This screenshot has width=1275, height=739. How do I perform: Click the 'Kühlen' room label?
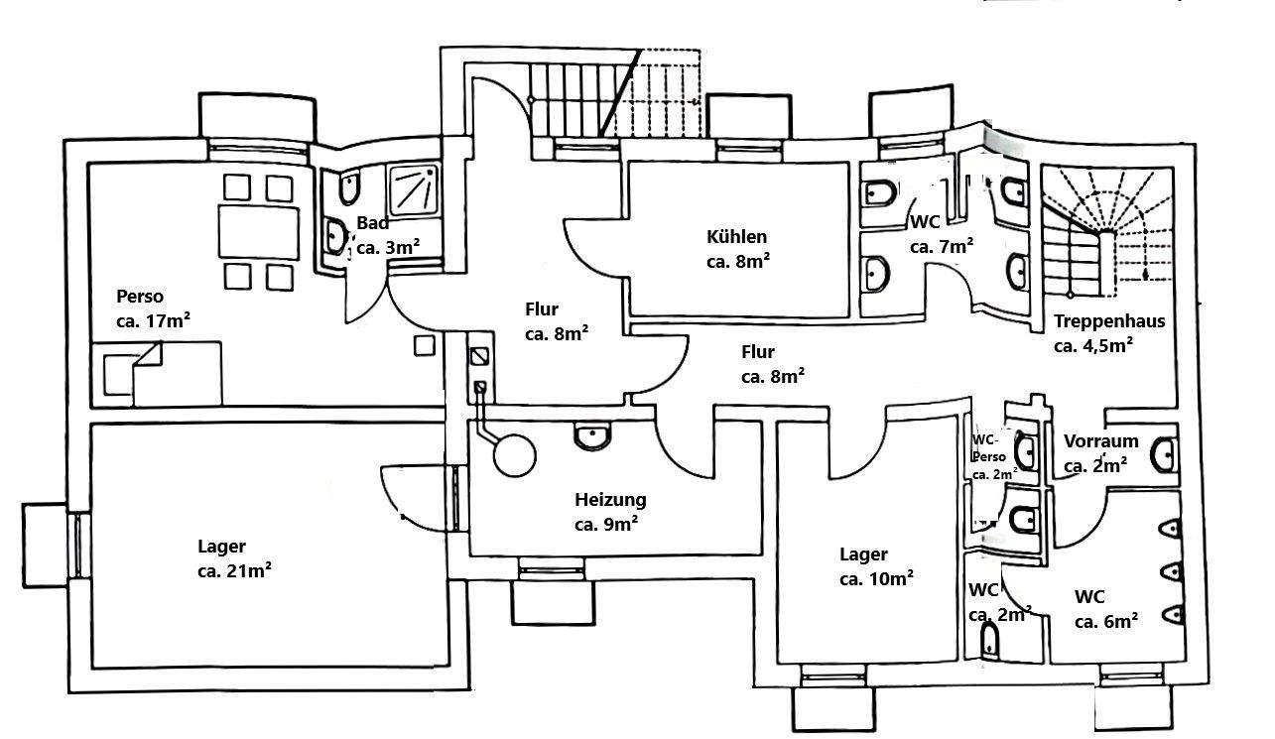pyautogui.click(x=737, y=237)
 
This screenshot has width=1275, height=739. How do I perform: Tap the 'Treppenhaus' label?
pyautogui.click(x=1109, y=321)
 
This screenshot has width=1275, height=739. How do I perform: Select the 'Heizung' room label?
pyautogui.click(x=610, y=499)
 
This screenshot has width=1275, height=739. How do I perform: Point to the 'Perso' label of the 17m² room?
pyautogui.click(x=140, y=296)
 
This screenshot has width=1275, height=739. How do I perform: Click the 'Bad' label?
pyautogui.click(x=372, y=223)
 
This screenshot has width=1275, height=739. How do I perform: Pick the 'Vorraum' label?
pyautogui.click(x=1100, y=441)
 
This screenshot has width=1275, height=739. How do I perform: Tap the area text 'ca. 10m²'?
pyautogui.click(x=876, y=578)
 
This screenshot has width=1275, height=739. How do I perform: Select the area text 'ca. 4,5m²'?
pyautogui.click(x=1093, y=345)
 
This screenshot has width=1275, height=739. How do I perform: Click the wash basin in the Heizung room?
pyautogui.click(x=593, y=435)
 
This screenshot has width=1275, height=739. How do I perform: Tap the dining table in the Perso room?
pyautogui.click(x=258, y=231)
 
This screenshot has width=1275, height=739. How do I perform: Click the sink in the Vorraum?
pyautogui.click(x=1165, y=456)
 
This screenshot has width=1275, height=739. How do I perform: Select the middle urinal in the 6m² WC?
pyautogui.click(x=1173, y=572)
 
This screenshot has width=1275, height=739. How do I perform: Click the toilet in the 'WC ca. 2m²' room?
pyautogui.click(x=990, y=644)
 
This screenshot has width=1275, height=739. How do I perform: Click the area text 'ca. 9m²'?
pyautogui.click(x=605, y=524)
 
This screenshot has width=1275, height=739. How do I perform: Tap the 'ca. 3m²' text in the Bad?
pyautogui.click(x=385, y=247)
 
